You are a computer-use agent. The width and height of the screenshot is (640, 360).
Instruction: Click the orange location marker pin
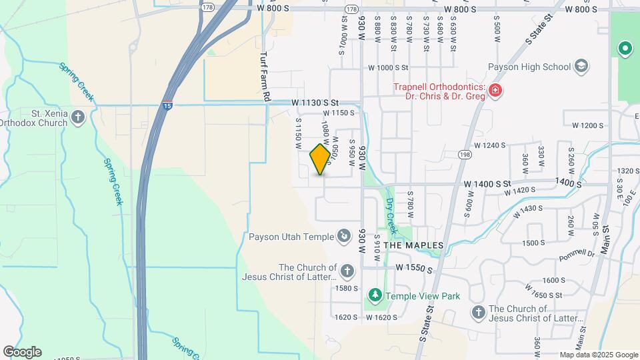[321, 159]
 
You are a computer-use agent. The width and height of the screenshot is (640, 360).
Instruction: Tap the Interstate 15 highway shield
[167, 105]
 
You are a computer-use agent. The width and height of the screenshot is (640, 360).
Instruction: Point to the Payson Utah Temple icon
[343, 235]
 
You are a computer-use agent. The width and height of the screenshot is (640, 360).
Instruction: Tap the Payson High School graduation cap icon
[581, 66]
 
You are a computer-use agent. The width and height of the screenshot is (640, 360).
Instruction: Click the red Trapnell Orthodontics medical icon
[495, 91]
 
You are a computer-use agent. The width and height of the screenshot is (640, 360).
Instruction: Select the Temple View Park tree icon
[375, 294]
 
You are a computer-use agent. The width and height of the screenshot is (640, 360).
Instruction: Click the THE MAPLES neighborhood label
[415, 245]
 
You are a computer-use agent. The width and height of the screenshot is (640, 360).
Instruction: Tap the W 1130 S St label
[316, 103]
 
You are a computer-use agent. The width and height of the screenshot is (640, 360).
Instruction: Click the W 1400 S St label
[487, 183]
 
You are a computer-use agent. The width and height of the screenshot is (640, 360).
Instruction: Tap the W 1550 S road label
[414, 267]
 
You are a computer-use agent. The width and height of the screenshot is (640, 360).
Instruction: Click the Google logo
[22, 352]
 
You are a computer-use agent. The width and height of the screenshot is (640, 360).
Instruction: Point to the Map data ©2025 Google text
[598, 355]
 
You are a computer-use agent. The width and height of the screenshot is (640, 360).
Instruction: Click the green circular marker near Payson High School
[625, 48]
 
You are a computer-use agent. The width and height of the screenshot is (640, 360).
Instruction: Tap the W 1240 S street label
[490, 145]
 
